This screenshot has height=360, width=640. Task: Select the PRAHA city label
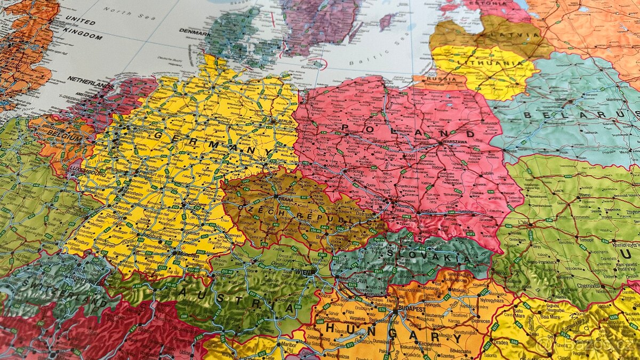click(286, 198)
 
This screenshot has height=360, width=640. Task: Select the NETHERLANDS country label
click(90, 83)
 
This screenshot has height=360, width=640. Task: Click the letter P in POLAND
click(345, 127)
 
